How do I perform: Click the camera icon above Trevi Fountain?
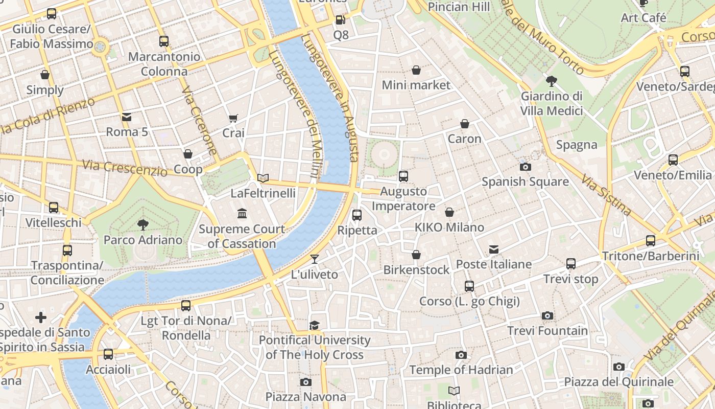coord(547,315)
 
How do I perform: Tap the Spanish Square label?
coord(525,181)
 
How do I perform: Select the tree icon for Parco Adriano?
coord(143,224)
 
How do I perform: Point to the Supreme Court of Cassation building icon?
coord(242,213)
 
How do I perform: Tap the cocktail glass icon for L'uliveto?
coord(315,259)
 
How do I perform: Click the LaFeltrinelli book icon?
coord(263,178)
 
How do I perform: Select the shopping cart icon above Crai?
coord(233,118)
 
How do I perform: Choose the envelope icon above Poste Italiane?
coord(494,249)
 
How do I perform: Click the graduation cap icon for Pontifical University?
coord(315,325)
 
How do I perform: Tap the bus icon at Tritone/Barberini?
coord(650,240)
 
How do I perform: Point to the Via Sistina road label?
coord(606,194)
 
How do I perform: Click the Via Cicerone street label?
coord(199,121)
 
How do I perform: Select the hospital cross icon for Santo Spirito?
coord(41,317)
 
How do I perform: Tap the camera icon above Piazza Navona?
coord(305,382)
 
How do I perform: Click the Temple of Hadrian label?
coord(461,370)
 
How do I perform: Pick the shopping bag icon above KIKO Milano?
coord(449,212)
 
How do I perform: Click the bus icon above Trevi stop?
coord(571,264)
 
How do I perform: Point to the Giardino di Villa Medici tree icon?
coord(552,81)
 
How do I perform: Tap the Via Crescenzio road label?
coord(125,168)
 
